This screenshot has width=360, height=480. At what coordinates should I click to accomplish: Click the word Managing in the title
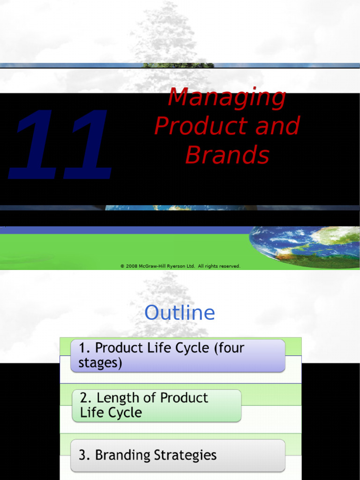227,97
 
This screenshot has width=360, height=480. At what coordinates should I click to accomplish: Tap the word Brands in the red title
227,155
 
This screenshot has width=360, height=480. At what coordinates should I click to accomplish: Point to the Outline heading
180,313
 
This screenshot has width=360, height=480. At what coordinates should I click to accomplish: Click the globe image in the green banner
305,246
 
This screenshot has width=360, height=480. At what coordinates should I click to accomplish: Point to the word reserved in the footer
230,266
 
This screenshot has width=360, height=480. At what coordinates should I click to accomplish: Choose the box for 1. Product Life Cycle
178,356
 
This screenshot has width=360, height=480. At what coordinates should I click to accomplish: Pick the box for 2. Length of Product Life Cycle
157,405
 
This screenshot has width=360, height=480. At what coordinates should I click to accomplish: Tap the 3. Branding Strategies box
178,455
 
